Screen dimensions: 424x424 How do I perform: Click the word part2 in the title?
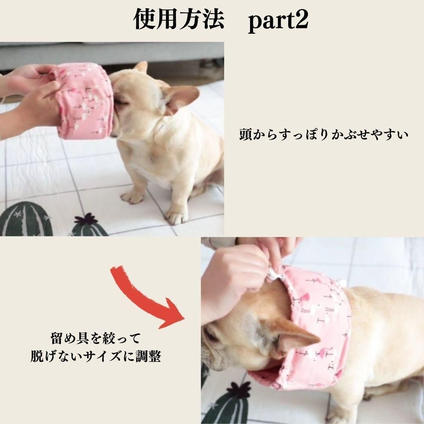tap(278, 21)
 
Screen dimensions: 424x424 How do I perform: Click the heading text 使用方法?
tap(179, 20)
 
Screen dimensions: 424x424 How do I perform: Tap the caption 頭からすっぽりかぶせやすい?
tap(323, 134)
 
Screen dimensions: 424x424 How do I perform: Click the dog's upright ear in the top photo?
tap(181, 99)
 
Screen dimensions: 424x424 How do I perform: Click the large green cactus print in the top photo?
tap(26, 219)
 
